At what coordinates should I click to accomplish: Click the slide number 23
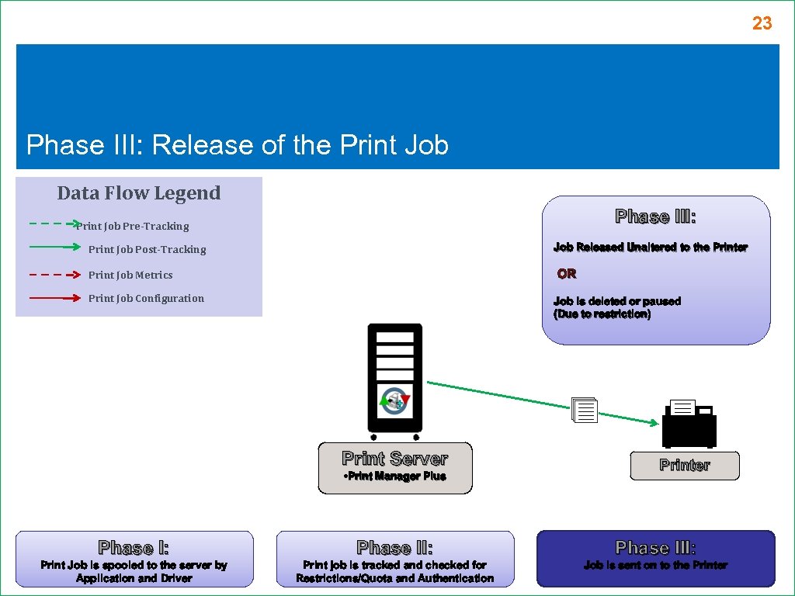762,24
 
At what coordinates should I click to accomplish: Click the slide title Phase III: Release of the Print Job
238,145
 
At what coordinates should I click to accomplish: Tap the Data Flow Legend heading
139,193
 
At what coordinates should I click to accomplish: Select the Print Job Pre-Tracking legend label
133,227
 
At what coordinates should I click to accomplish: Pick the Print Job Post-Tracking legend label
147,250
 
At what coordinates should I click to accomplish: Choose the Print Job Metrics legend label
130,275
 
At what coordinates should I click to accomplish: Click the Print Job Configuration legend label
146,298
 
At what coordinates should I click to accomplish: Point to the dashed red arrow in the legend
54,275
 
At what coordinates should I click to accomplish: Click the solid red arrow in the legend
54,298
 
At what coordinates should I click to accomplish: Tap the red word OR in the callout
567,274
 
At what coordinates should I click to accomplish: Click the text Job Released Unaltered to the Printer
650,248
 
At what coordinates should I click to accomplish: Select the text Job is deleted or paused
616,301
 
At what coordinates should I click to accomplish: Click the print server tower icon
394,379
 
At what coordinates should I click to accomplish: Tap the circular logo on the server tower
394,401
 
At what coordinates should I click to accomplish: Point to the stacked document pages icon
584,410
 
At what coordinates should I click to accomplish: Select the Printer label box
684,466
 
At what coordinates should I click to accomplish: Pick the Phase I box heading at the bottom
134,548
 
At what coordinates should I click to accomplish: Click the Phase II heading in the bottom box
394,548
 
